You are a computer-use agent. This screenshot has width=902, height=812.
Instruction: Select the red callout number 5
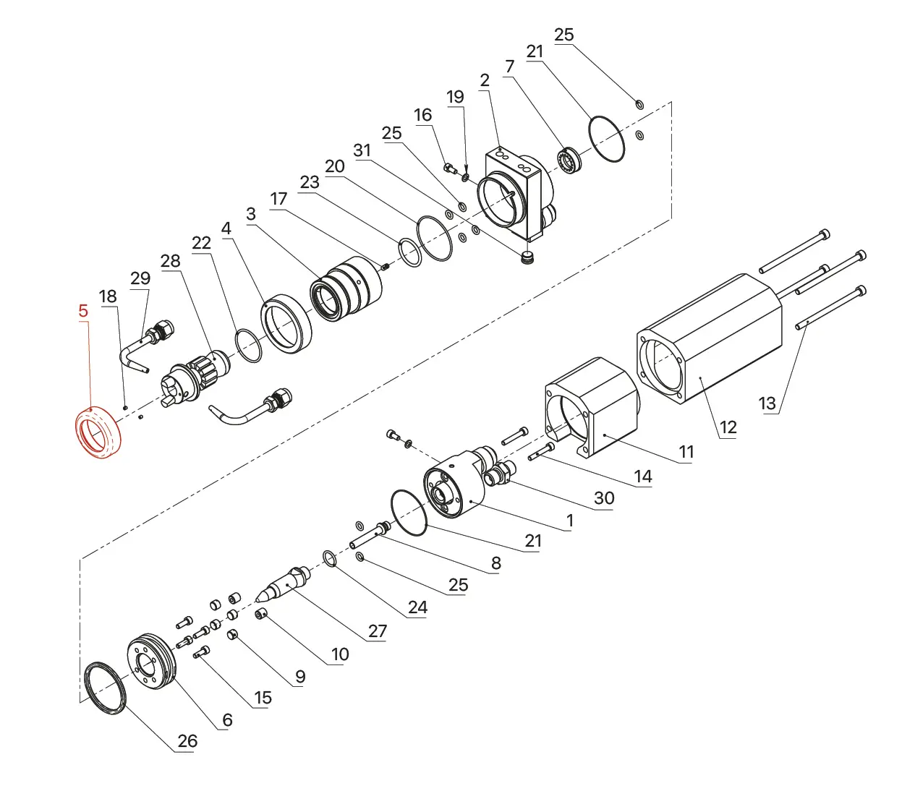(x=83, y=311)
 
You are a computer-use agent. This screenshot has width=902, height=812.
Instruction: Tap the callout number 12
(x=728, y=427)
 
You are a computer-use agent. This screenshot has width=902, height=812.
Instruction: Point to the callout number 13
(x=767, y=403)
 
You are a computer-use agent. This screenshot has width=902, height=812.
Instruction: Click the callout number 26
(x=187, y=741)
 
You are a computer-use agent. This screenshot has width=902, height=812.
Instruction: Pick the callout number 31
(x=362, y=150)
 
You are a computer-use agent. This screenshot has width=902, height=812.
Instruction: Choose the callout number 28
(x=170, y=261)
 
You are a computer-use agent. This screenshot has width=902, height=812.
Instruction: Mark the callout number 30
(x=604, y=497)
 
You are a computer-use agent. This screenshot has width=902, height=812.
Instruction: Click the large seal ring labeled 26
(x=106, y=688)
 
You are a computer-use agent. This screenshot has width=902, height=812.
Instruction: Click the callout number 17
(x=278, y=199)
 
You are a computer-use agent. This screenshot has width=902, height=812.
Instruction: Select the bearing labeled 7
(x=569, y=161)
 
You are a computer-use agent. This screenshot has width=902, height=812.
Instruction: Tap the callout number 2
(x=485, y=80)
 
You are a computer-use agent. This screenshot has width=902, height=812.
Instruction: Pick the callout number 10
(x=340, y=654)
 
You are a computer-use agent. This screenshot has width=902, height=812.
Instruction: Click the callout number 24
(x=417, y=607)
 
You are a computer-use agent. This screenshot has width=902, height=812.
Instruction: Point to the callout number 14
(x=643, y=476)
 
